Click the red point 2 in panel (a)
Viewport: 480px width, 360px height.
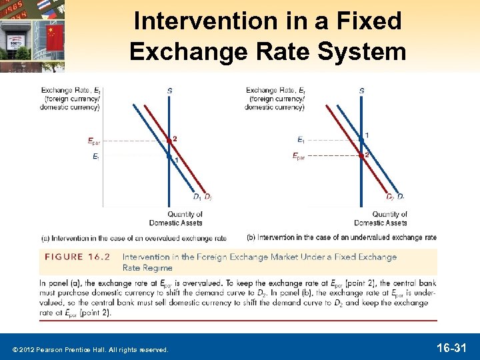(170, 141)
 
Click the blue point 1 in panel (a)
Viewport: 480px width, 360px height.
(170, 157)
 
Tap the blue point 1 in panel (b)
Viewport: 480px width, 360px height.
(361, 139)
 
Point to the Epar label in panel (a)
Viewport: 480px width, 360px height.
(95, 141)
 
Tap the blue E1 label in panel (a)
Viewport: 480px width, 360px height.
(96, 157)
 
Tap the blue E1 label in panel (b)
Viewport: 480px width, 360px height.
(301, 140)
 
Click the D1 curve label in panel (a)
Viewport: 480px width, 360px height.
(197, 197)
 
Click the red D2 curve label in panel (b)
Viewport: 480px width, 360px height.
(390, 197)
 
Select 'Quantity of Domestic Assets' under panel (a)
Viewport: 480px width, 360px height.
(185, 218)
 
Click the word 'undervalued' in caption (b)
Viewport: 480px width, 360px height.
(374, 237)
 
